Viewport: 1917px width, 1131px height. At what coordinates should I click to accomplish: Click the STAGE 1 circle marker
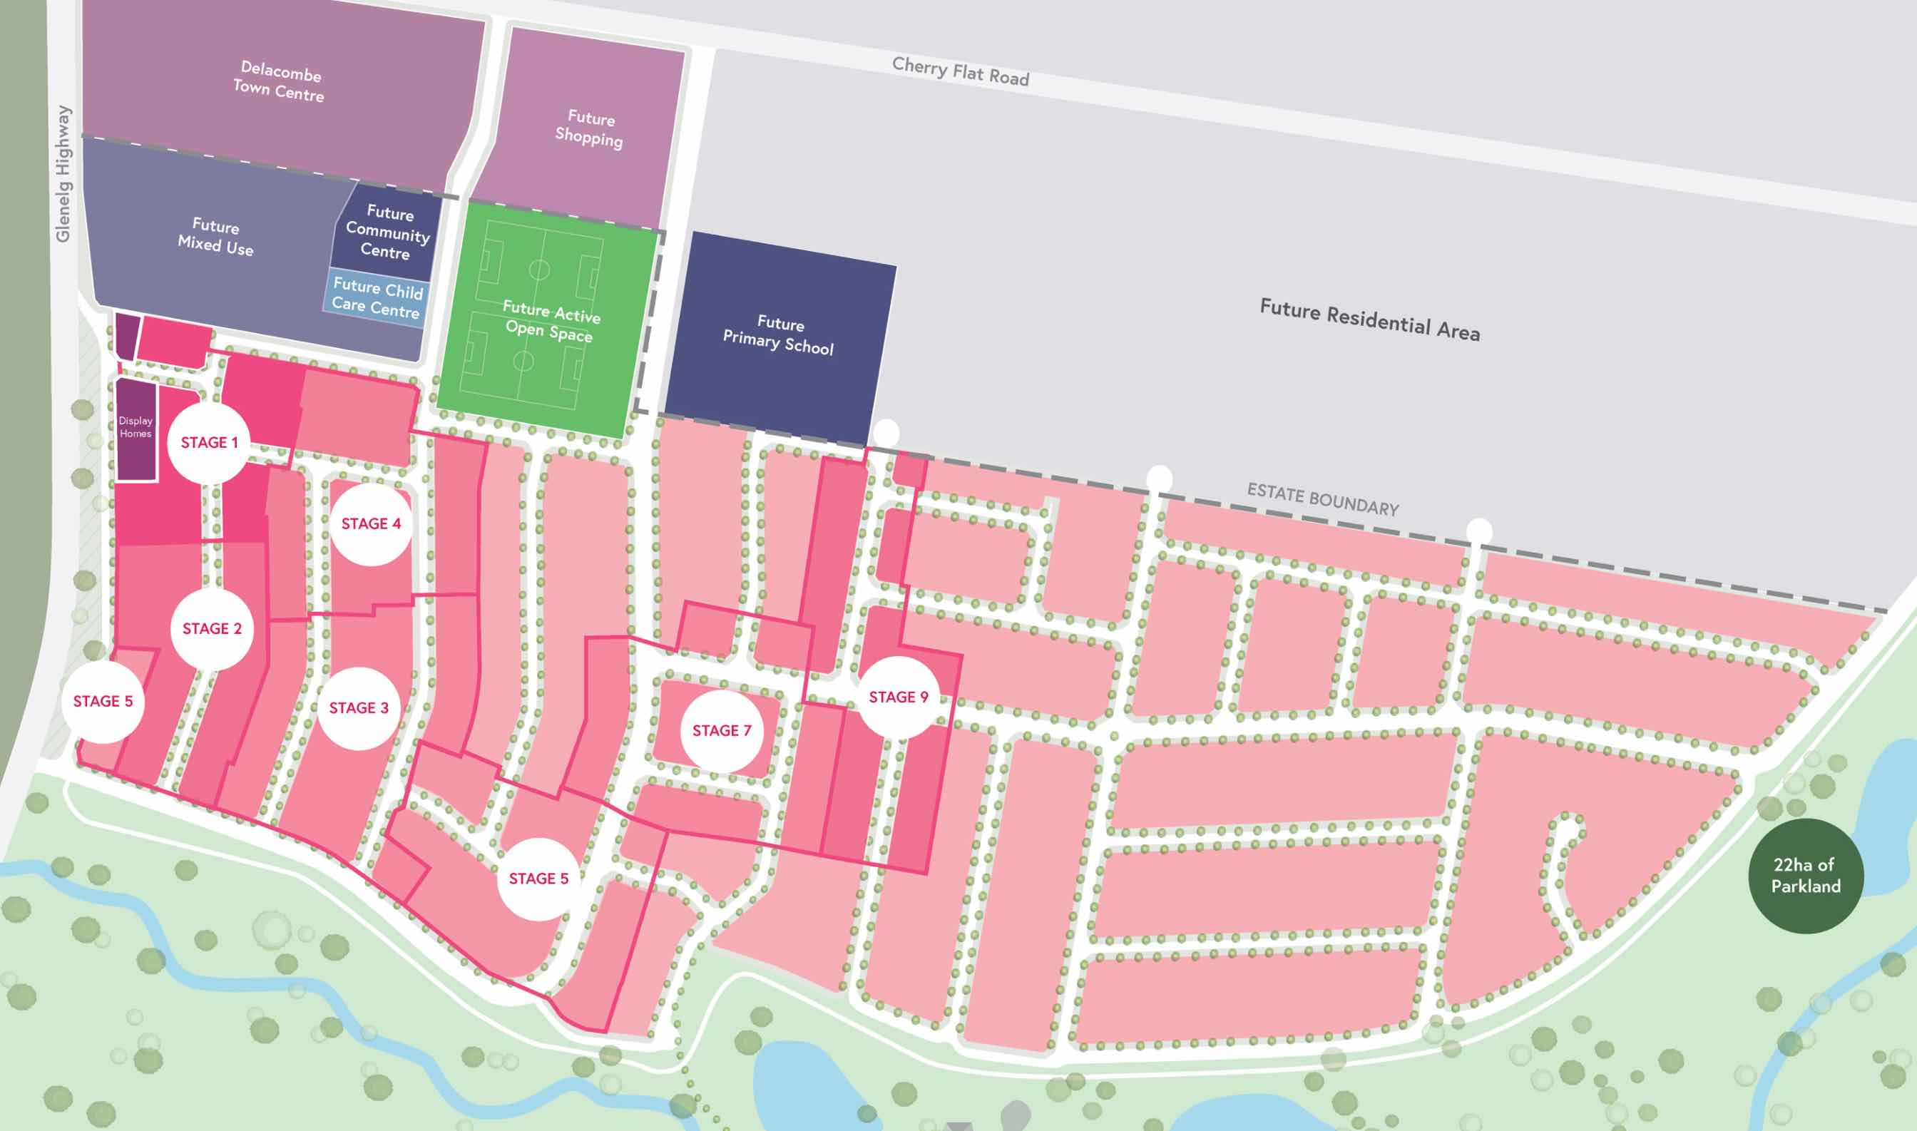(x=209, y=443)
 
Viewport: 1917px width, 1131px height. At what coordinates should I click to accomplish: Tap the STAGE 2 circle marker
(x=212, y=629)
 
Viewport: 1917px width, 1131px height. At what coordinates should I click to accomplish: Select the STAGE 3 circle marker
(x=358, y=708)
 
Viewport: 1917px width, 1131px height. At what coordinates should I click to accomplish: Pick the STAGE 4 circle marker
(x=370, y=523)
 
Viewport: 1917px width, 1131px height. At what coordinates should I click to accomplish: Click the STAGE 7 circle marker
(x=721, y=731)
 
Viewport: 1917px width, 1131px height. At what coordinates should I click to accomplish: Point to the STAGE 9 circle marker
(x=899, y=697)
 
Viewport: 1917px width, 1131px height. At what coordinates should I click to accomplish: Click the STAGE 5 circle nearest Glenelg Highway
(x=102, y=701)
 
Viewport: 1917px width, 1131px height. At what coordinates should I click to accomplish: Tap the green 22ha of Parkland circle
(x=1805, y=876)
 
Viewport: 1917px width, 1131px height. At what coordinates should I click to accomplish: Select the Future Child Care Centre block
(x=377, y=298)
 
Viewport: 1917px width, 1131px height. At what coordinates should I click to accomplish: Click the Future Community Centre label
(x=388, y=232)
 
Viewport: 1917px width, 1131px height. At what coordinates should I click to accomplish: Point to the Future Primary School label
(x=778, y=335)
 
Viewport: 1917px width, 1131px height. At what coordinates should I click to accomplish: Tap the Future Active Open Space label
(x=551, y=322)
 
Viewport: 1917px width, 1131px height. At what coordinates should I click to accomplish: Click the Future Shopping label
(x=589, y=128)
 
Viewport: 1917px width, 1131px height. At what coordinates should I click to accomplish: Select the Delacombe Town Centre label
(x=279, y=81)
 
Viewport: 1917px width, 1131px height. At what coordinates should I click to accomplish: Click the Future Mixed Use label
(x=215, y=236)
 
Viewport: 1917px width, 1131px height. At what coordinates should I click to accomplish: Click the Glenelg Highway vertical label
(x=63, y=174)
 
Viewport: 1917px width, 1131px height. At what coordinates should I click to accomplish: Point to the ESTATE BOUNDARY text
(x=1322, y=500)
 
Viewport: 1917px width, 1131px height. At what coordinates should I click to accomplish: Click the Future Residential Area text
(x=1369, y=320)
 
